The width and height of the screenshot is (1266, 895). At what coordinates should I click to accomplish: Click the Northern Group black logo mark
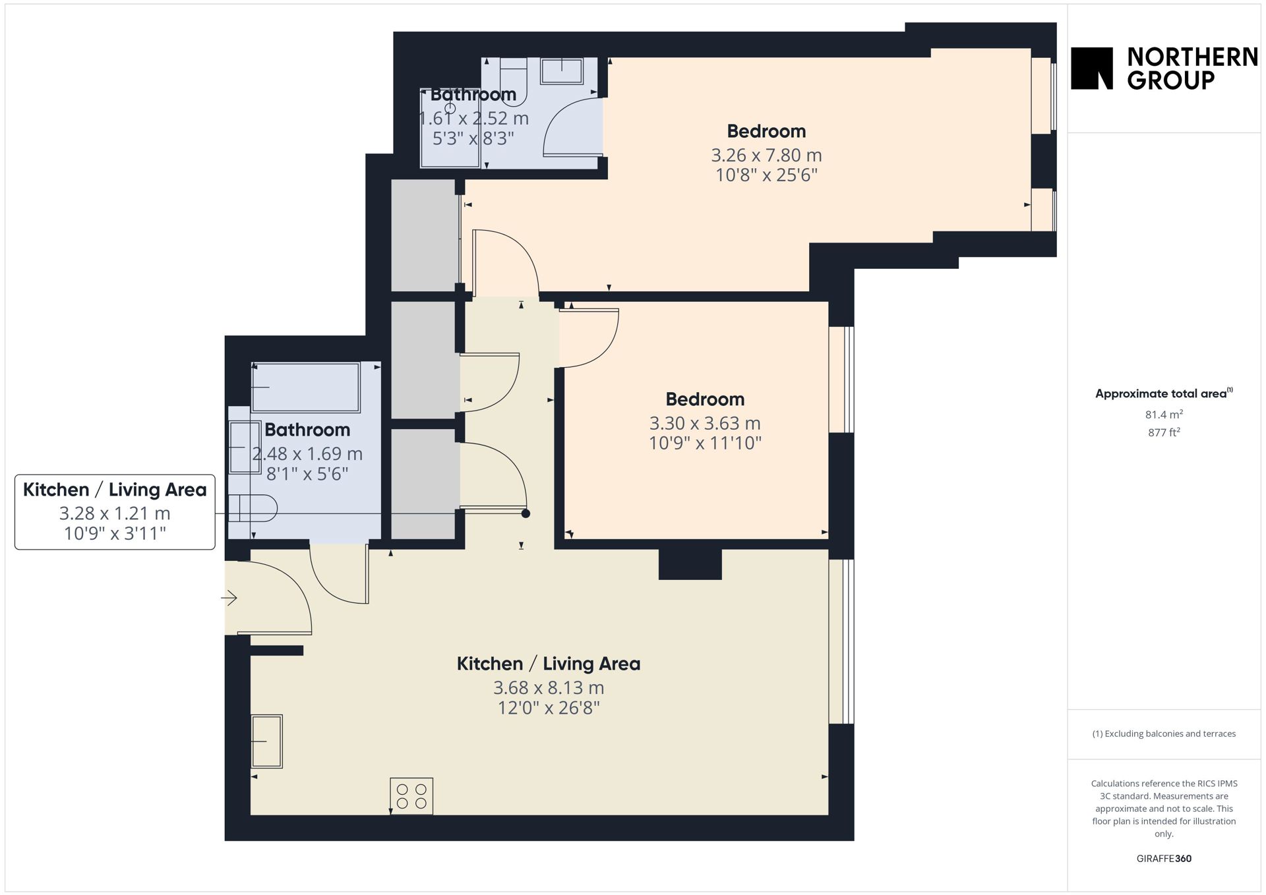(x=1091, y=68)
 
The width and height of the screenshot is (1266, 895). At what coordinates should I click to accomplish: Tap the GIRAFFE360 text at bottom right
(x=1164, y=858)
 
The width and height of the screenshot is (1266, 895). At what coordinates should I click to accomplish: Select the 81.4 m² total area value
(x=1164, y=415)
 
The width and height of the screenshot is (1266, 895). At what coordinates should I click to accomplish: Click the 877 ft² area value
(x=1164, y=432)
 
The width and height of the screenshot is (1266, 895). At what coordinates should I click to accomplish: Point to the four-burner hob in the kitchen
(x=411, y=796)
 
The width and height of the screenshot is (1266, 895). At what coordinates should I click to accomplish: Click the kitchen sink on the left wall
(x=266, y=741)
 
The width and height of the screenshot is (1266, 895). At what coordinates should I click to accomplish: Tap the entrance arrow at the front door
(x=229, y=598)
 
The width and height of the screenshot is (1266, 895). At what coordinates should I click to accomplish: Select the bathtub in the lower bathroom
(x=306, y=388)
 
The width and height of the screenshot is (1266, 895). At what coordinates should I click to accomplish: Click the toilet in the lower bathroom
(x=253, y=508)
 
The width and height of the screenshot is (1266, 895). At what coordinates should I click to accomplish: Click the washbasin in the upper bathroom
(x=562, y=71)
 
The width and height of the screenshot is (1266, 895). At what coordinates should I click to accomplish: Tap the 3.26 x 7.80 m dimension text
(x=766, y=156)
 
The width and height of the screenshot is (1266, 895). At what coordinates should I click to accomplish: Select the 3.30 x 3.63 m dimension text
(x=705, y=423)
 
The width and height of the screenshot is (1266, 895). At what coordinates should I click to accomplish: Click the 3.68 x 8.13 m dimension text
(x=549, y=688)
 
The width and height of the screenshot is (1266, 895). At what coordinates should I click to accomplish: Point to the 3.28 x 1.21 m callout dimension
(x=115, y=513)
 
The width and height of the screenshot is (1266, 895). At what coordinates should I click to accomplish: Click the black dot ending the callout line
(x=526, y=513)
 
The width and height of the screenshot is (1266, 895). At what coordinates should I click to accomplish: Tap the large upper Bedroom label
(x=766, y=131)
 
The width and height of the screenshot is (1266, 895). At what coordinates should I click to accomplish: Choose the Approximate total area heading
(x=1164, y=393)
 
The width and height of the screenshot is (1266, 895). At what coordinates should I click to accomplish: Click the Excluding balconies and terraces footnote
(x=1164, y=734)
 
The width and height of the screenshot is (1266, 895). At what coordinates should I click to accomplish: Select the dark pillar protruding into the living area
(x=690, y=564)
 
